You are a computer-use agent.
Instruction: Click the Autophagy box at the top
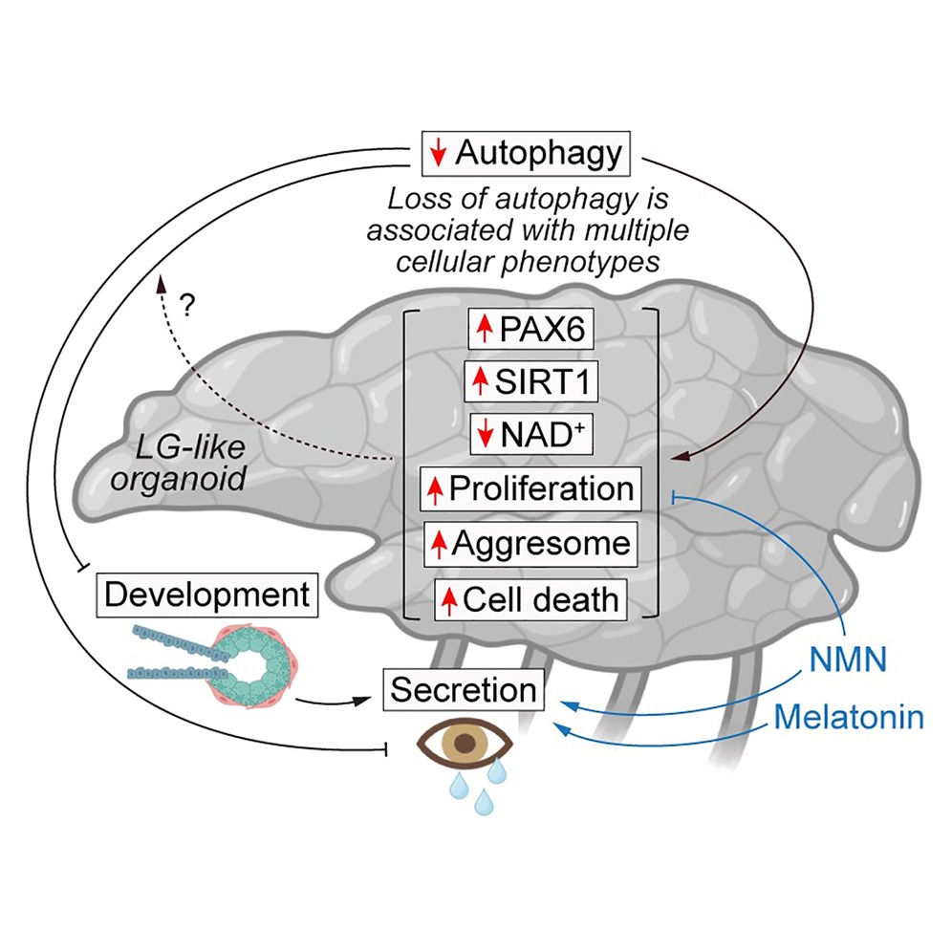point(527,153)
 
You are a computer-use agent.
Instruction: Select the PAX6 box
point(527,331)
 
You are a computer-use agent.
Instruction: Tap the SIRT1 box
point(527,382)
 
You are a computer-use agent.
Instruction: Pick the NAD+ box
point(527,436)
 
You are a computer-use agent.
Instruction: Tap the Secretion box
point(465,689)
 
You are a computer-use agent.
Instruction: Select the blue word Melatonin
point(849,716)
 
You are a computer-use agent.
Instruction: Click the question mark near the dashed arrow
point(188,305)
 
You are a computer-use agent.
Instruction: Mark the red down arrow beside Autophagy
point(439,154)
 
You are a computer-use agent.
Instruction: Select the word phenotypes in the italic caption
point(601,261)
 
